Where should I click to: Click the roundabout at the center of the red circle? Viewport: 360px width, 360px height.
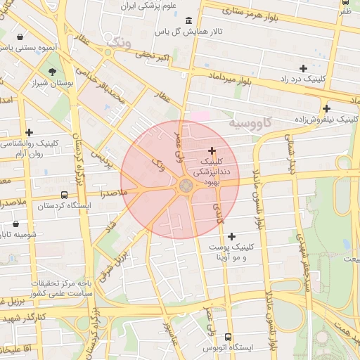tap(186, 186)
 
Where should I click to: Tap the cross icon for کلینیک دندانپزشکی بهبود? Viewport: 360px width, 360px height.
tap(212, 150)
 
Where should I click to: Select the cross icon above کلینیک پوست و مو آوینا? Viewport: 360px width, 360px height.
tap(231, 236)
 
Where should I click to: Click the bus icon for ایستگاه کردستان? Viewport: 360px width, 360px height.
tap(65, 195)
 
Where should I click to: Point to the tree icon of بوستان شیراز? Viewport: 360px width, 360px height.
tap(52, 71)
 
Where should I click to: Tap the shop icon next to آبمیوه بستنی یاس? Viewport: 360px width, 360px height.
tap(19, 37)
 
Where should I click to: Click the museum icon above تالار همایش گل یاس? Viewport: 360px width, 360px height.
tap(188, 20)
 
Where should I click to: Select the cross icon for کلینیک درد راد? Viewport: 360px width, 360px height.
tap(303, 68)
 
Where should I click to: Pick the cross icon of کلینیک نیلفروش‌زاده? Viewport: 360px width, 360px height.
tap(326, 108)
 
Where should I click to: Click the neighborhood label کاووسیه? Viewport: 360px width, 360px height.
tap(250, 124)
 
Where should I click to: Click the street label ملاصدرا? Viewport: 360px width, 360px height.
tap(114, 192)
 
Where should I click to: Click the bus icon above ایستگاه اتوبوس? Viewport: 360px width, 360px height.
tap(228, 337)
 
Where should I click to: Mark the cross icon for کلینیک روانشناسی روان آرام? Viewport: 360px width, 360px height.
tap(29, 131)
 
